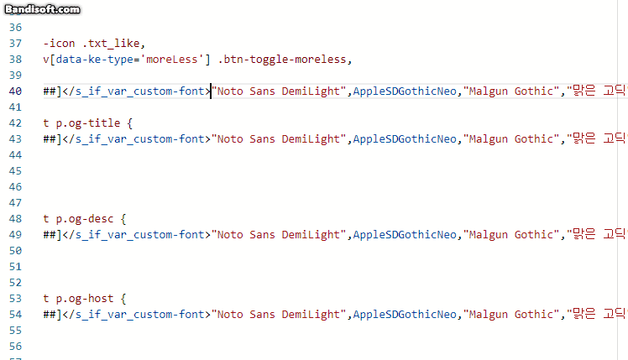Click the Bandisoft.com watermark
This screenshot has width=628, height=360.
(41, 8)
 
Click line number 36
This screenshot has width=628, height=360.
(15, 28)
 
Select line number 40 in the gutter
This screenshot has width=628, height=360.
(15, 91)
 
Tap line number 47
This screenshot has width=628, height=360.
(15, 202)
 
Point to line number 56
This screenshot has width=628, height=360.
(15, 345)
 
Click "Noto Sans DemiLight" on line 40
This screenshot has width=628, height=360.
(280, 91)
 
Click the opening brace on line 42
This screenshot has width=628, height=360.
(130, 123)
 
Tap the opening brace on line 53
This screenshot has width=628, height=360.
(123, 298)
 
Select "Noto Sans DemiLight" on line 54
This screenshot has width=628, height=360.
(280, 314)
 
